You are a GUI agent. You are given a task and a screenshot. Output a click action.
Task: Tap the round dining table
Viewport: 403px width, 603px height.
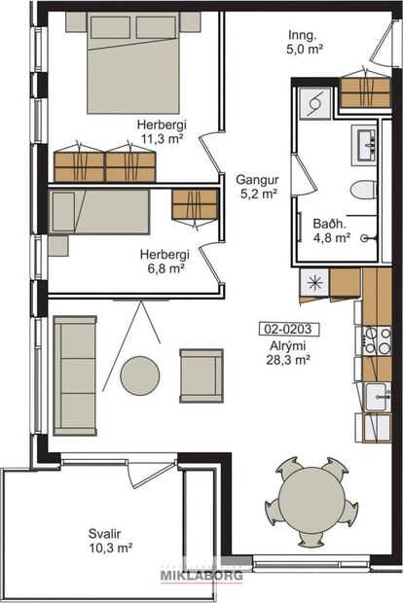point(311,504)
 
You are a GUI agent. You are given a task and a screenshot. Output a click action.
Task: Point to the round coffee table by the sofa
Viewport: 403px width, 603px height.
point(140,374)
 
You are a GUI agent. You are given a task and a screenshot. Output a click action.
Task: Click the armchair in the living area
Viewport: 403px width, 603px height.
point(201,373)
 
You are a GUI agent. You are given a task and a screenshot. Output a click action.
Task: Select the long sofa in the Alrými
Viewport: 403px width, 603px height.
point(75,374)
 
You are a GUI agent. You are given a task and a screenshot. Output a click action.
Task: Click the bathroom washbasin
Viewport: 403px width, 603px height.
point(369,144)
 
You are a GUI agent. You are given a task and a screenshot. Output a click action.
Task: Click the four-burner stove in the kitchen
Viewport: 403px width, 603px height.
point(377,339)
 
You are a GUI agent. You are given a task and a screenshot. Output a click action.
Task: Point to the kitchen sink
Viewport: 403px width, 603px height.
point(377,397)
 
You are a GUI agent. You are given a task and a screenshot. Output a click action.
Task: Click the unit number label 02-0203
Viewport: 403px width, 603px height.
point(282,329)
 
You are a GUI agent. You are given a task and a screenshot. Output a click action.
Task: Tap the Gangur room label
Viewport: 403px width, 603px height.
point(257,180)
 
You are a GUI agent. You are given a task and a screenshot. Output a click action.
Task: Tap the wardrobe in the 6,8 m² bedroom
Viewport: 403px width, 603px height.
point(195,204)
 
